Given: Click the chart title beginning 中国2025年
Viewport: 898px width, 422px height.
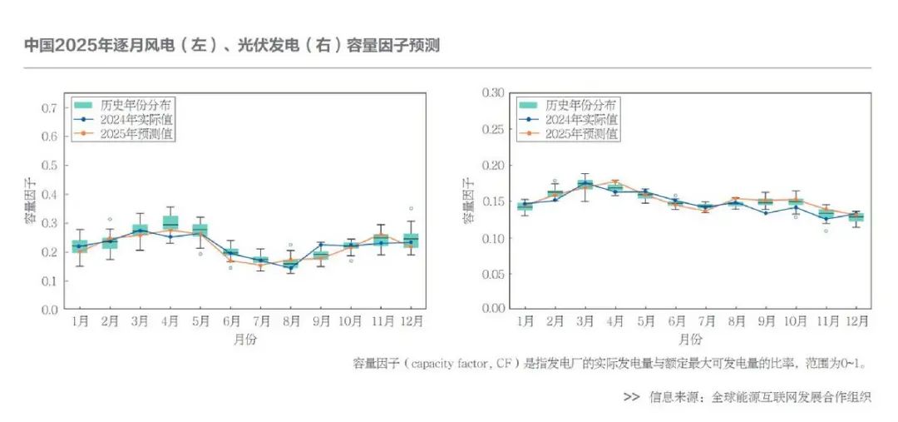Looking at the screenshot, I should click(231, 46).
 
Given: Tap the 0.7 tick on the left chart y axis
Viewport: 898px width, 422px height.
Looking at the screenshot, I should click(49, 108).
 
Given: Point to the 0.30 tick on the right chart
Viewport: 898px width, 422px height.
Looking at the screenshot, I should click(494, 92).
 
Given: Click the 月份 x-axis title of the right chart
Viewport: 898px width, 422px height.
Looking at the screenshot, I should click(690, 340).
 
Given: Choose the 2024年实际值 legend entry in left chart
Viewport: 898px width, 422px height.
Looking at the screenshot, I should click(137, 120).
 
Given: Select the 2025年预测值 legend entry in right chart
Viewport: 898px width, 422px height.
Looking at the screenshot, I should click(582, 133).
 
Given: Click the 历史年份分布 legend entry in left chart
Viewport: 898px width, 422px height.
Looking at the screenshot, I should click(137, 106).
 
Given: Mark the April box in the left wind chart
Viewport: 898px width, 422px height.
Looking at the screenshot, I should click(170, 223).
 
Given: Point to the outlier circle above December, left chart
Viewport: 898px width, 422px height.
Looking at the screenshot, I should click(411, 208).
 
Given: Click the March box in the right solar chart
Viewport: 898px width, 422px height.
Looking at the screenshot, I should click(585, 184).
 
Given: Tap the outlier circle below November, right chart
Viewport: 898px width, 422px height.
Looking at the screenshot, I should click(826, 231).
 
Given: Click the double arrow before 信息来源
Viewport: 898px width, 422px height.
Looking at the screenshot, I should click(631, 397).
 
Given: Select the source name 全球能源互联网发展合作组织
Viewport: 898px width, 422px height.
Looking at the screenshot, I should click(791, 397).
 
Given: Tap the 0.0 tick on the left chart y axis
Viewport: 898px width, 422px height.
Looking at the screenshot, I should click(49, 310).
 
